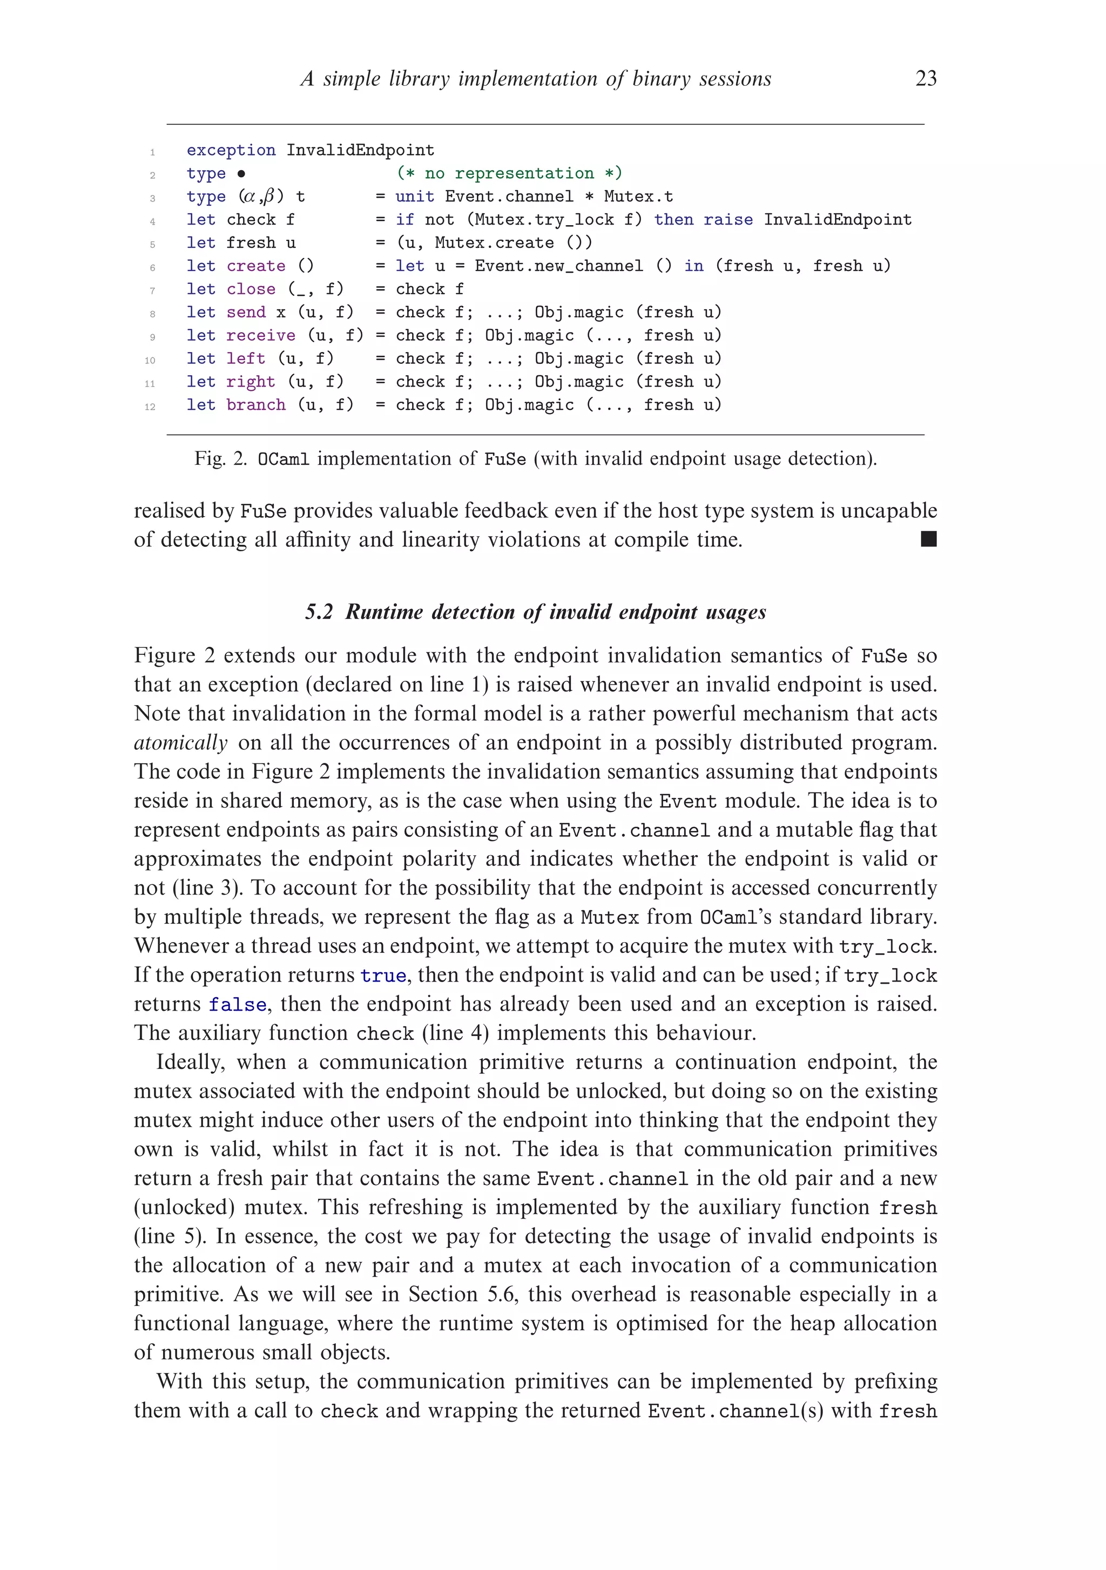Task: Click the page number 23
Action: pos(926,79)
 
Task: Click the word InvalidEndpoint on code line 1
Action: pos(360,150)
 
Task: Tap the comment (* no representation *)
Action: pos(509,173)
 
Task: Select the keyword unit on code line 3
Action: pos(415,197)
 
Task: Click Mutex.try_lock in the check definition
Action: pos(544,220)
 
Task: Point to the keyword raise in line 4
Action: pos(728,220)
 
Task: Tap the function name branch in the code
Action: pos(256,405)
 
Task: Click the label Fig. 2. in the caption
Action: pos(220,458)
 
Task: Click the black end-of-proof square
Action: pos(928,539)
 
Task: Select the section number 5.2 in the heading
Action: pos(319,611)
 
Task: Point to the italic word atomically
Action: pos(180,742)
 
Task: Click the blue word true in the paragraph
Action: pos(383,975)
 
